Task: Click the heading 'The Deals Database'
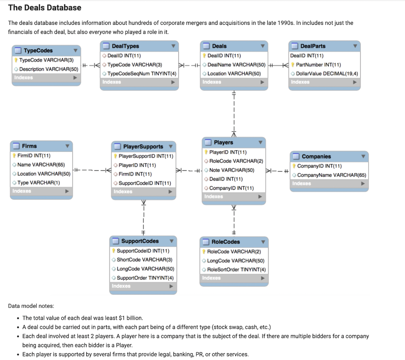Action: (x=45, y=8)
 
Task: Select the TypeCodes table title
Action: (x=38, y=51)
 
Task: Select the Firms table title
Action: (x=29, y=146)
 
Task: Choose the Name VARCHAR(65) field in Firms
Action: (x=41, y=165)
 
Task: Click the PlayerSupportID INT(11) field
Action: (x=146, y=156)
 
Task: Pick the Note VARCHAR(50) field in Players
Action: (x=231, y=170)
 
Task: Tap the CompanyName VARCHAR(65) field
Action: (x=331, y=175)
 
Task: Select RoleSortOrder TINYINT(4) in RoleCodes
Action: (x=236, y=270)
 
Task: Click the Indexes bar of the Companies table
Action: (x=329, y=184)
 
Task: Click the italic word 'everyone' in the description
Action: (x=101, y=32)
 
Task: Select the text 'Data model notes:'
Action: (x=31, y=306)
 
